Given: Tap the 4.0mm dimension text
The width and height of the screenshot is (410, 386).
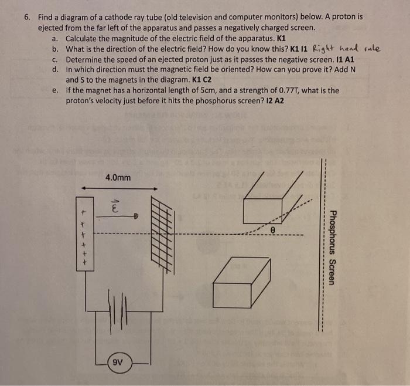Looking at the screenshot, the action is point(119,177).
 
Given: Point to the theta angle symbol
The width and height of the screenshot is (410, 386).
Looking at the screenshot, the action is point(272,231).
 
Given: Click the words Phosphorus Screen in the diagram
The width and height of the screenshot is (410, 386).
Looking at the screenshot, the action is point(332,247).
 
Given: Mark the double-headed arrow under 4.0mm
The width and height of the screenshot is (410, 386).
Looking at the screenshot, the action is point(119,188).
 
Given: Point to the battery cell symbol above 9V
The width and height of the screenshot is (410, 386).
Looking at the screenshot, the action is point(119,309).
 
